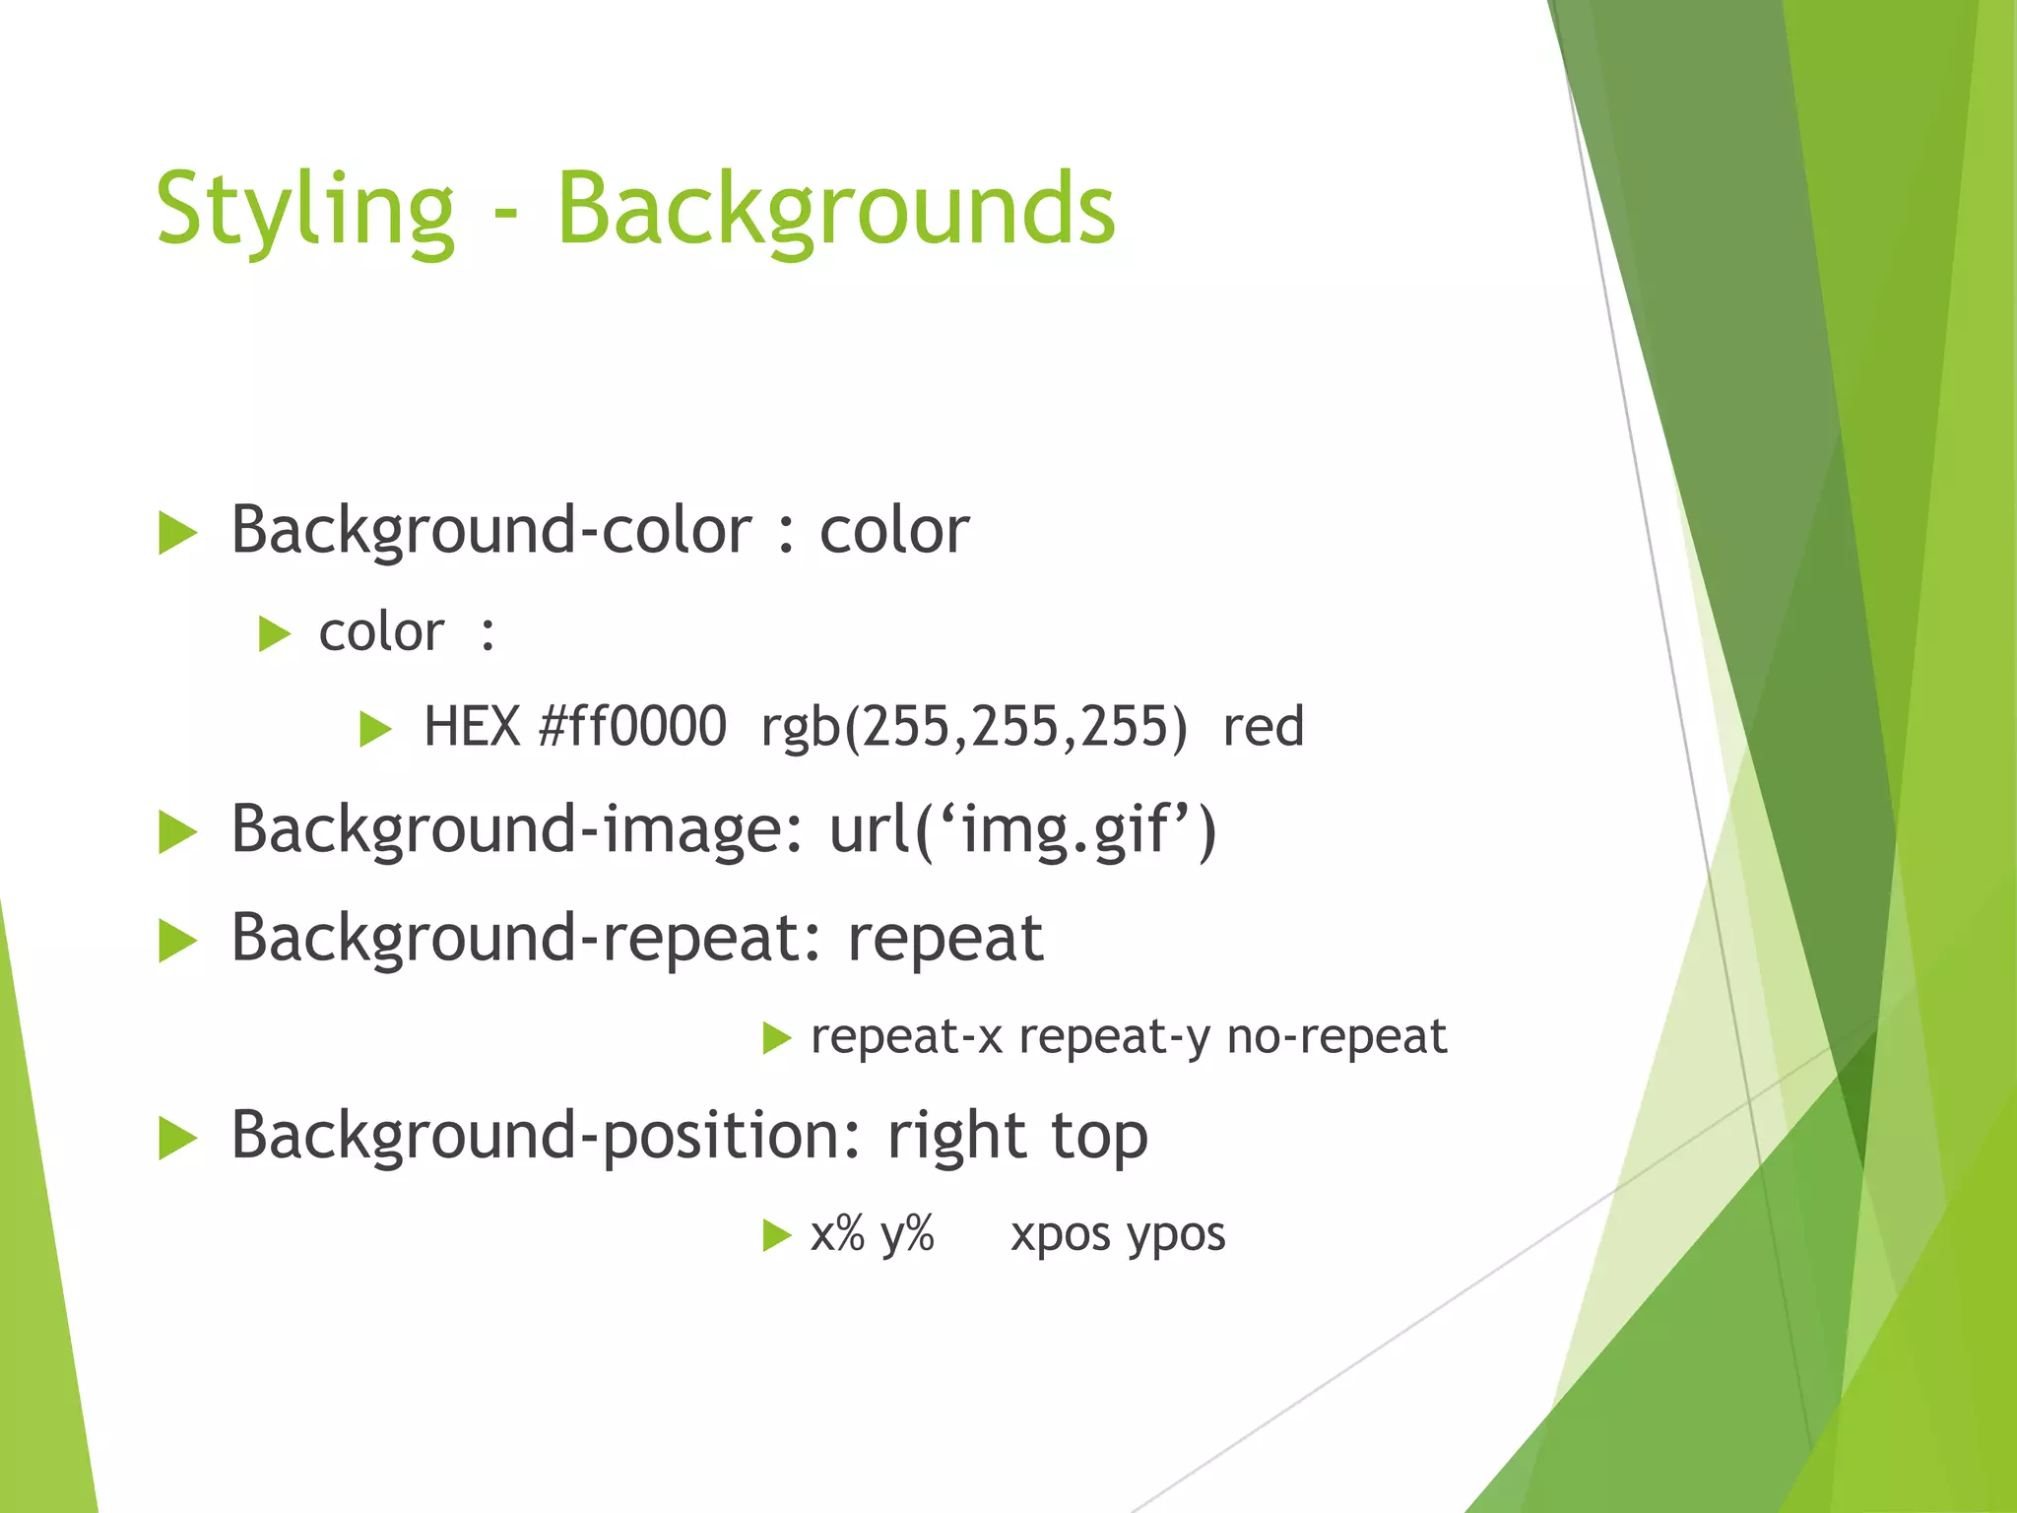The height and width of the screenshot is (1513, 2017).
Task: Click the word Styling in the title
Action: [x=304, y=210]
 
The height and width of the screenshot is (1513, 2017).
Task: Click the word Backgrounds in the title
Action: [x=836, y=210]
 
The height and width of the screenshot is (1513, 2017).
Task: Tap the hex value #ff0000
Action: [x=632, y=727]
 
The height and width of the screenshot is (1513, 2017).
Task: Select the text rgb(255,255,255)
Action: [x=974, y=727]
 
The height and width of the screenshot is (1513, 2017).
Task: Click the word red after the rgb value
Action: [x=1264, y=727]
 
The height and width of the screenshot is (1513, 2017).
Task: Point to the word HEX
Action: [x=472, y=727]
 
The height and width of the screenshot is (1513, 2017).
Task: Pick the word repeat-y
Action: [x=1114, y=1036]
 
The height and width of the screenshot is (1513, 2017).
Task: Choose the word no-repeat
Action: [x=1336, y=1036]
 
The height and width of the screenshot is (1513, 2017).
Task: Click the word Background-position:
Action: [x=547, y=1136]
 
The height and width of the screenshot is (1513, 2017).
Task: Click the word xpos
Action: [x=1061, y=1234]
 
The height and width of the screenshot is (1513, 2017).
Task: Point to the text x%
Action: [x=837, y=1234]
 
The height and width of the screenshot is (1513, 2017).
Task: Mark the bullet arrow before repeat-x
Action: [x=776, y=1038]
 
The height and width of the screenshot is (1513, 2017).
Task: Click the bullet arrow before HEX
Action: [x=375, y=730]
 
